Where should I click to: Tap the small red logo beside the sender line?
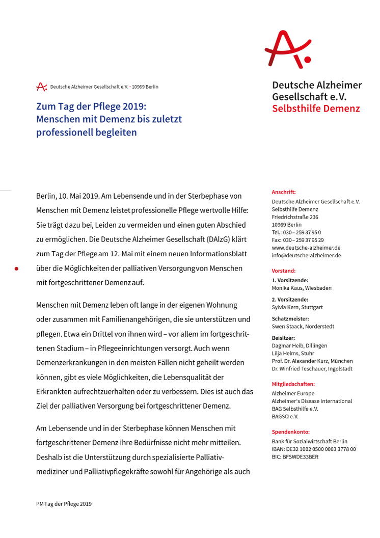point(41,87)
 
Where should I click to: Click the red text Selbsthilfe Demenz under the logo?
point(316,109)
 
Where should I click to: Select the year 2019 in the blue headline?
point(133,106)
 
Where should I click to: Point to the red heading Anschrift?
point(284,192)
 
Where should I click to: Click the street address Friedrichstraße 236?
point(295,217)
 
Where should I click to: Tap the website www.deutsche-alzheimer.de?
point(306,248)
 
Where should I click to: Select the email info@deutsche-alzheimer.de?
point(306,255)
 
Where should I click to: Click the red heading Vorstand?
point(283,271)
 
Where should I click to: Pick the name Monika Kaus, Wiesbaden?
point(302,288)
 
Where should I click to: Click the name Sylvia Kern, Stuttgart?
point(297,307)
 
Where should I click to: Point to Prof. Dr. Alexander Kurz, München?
point(312,361)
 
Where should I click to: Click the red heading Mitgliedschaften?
point(293,384)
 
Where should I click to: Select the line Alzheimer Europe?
point(293,393)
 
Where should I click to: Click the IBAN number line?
point(314,449)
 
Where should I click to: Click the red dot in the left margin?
point(16,268)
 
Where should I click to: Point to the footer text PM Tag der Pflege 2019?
point(64,504)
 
